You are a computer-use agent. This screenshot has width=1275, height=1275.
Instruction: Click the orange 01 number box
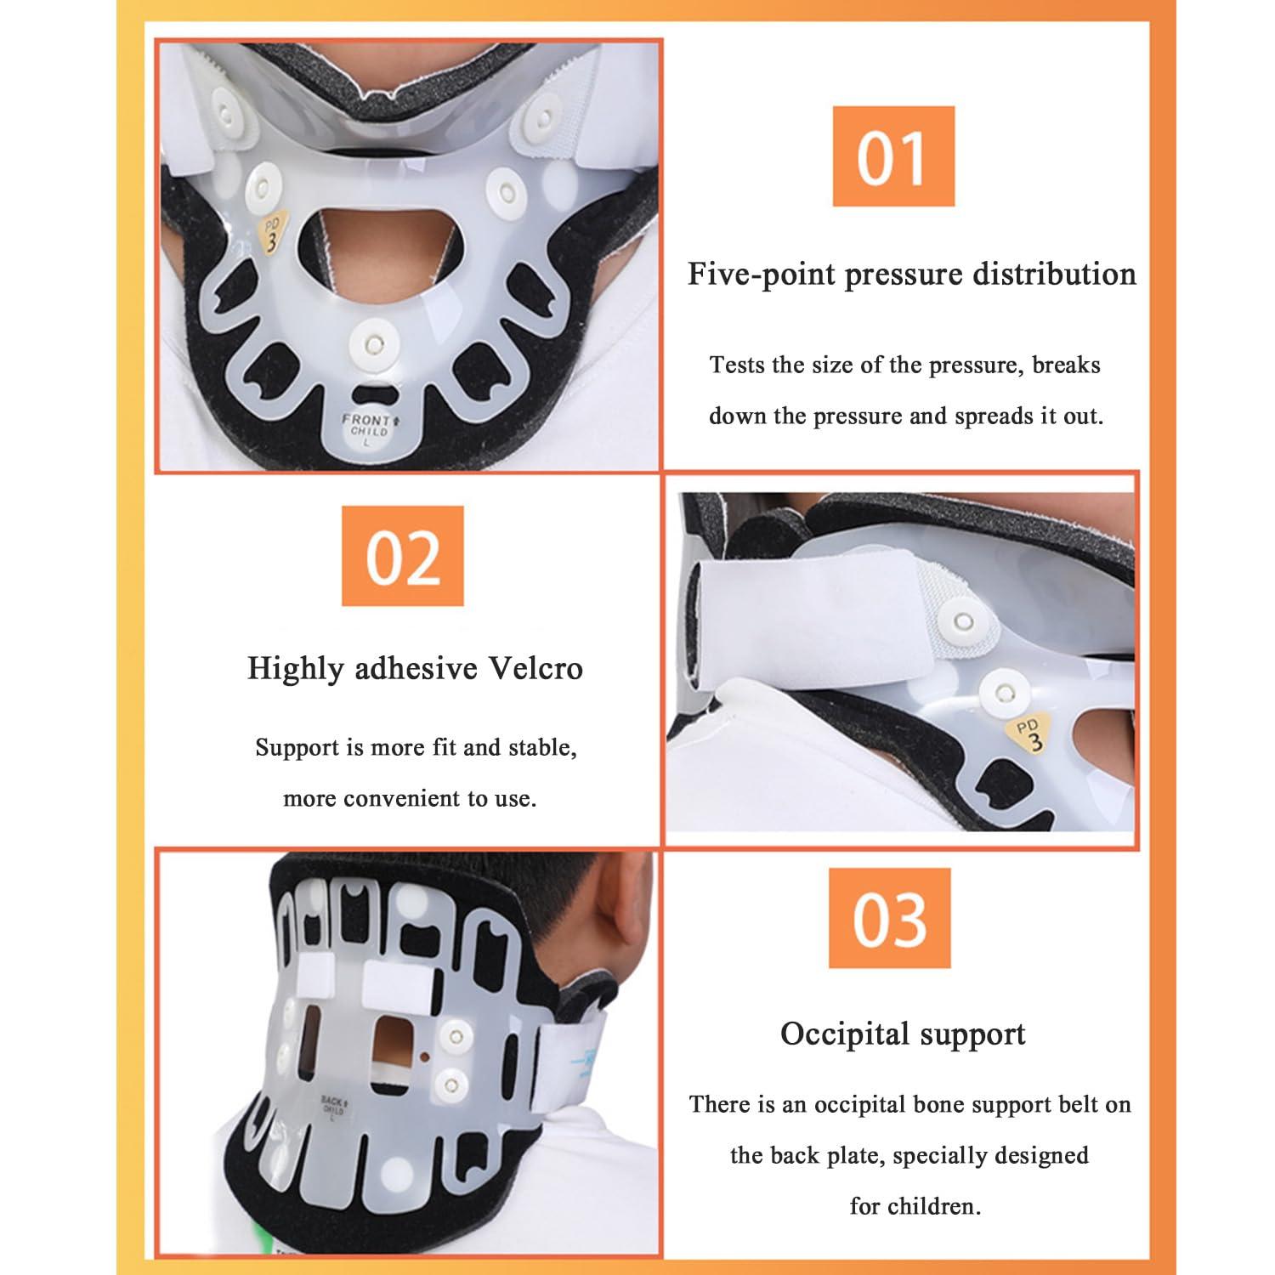pos(892,156)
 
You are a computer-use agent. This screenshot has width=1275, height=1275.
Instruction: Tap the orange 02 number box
pos(403,556)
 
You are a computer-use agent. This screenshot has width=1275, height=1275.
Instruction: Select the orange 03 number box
pos(889,918)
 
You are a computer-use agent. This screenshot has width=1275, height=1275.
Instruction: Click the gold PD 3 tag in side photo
pos(1030,734)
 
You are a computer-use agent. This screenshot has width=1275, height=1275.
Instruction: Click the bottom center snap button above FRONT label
pos(371,344)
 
